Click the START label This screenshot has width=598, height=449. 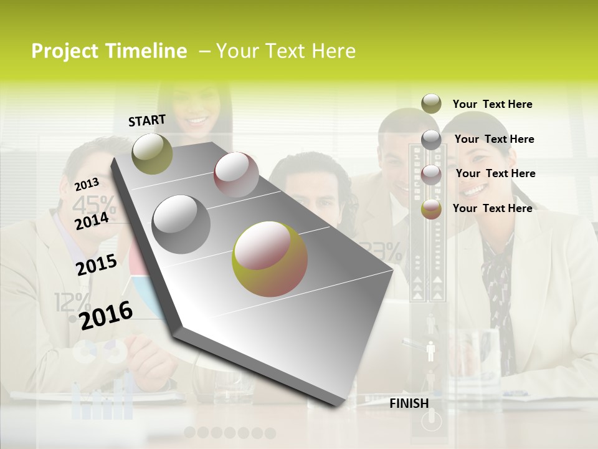tap(147, 120)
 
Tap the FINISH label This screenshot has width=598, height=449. tap(409, 403)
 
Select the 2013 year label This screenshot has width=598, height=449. tap(87, 184)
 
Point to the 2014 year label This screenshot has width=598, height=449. tap(92, 221)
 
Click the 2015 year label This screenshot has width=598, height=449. tap(97, 265)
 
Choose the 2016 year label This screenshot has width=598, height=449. tap(107, 315)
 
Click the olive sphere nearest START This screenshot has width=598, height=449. tap(152, 153)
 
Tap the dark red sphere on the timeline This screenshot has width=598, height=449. tap(236, 174)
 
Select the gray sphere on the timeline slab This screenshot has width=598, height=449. tap(181, 224)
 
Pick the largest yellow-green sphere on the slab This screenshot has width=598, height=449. tap(270, 259)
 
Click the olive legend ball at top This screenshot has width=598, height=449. tap(431, 104)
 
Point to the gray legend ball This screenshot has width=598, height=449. tap(431, 140)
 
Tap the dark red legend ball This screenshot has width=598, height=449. tap(431, 174)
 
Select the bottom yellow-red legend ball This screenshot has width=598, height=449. tap(431, 209)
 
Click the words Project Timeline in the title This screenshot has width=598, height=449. tap(109, 51)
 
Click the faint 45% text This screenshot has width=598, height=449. tap(93, 204)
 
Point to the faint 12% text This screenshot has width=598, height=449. tap(72, 303)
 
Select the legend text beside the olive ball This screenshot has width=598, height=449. tap(492, 104)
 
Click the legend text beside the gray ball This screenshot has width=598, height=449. tap(494, 139)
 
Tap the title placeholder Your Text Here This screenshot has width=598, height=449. tap(285, 51)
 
